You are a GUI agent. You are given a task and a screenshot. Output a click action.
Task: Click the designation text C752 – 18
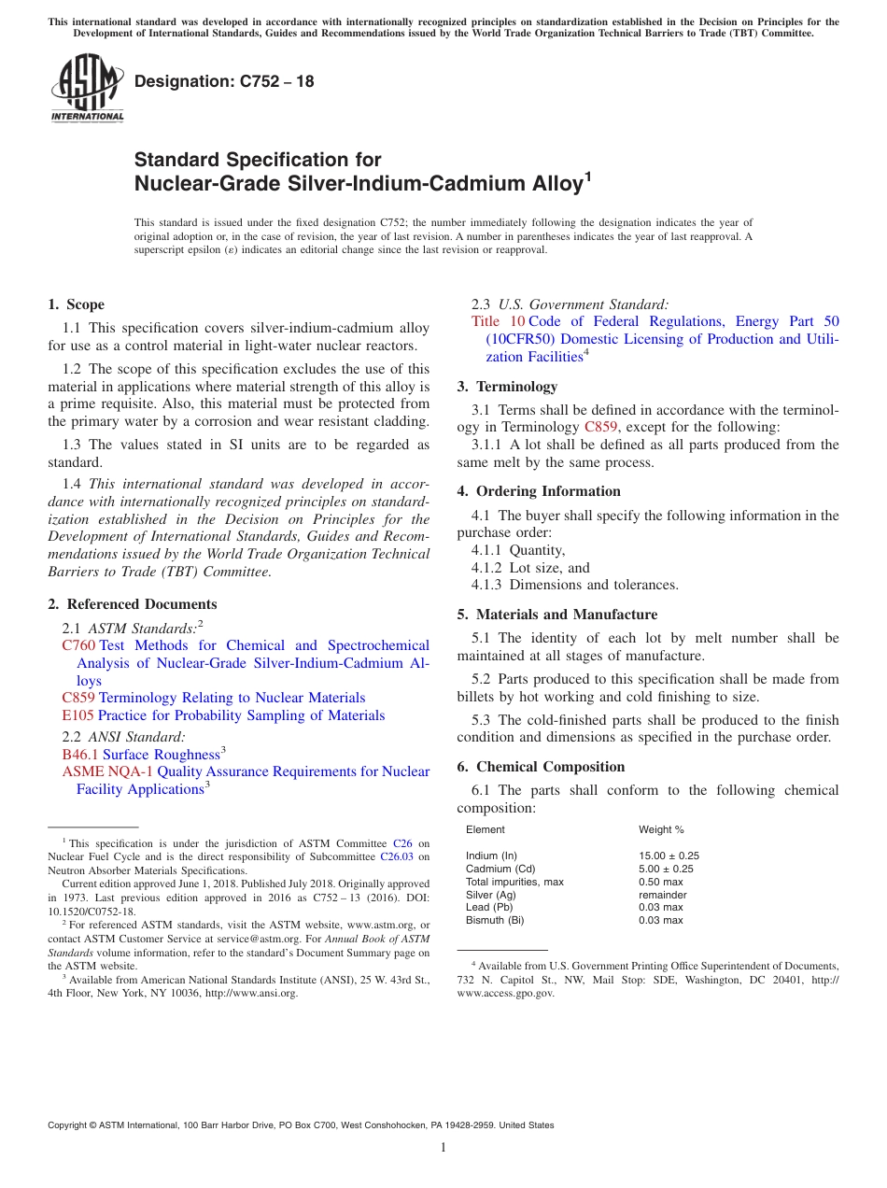(224, 82)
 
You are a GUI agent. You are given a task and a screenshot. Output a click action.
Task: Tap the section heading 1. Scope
(76, 304)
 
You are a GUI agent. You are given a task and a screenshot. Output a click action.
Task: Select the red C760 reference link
(78, 645)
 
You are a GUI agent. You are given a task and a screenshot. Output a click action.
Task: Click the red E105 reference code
(77, 715)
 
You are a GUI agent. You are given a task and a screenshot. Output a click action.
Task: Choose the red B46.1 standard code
(80, 755)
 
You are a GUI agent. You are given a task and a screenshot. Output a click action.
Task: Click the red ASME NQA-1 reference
(107, 771)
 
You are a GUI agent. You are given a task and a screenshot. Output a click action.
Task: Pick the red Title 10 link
(498, 321)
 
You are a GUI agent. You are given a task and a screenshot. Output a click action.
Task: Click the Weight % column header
(661, 829)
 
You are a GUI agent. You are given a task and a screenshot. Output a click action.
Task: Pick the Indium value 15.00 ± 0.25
(669, 856)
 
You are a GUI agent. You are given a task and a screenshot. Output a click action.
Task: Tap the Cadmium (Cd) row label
(500, 869)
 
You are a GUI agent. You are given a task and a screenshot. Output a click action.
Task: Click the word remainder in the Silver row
(662, 895)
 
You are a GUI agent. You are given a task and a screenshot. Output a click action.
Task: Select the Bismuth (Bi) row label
(495, 920)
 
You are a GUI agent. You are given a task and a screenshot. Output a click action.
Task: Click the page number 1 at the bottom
(443, 1148)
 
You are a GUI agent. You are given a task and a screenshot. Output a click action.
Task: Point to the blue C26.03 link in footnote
(395, 856)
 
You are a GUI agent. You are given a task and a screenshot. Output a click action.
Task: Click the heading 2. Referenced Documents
(132, 604)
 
